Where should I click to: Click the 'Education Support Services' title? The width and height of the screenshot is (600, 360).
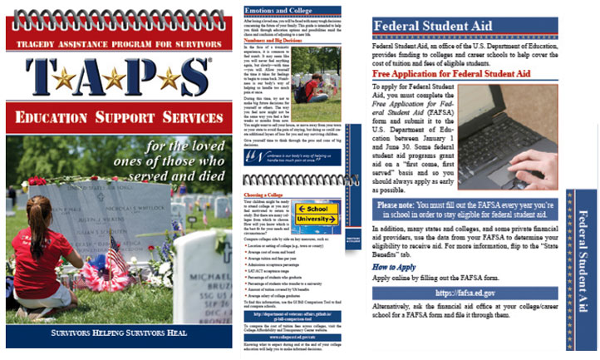116,116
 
